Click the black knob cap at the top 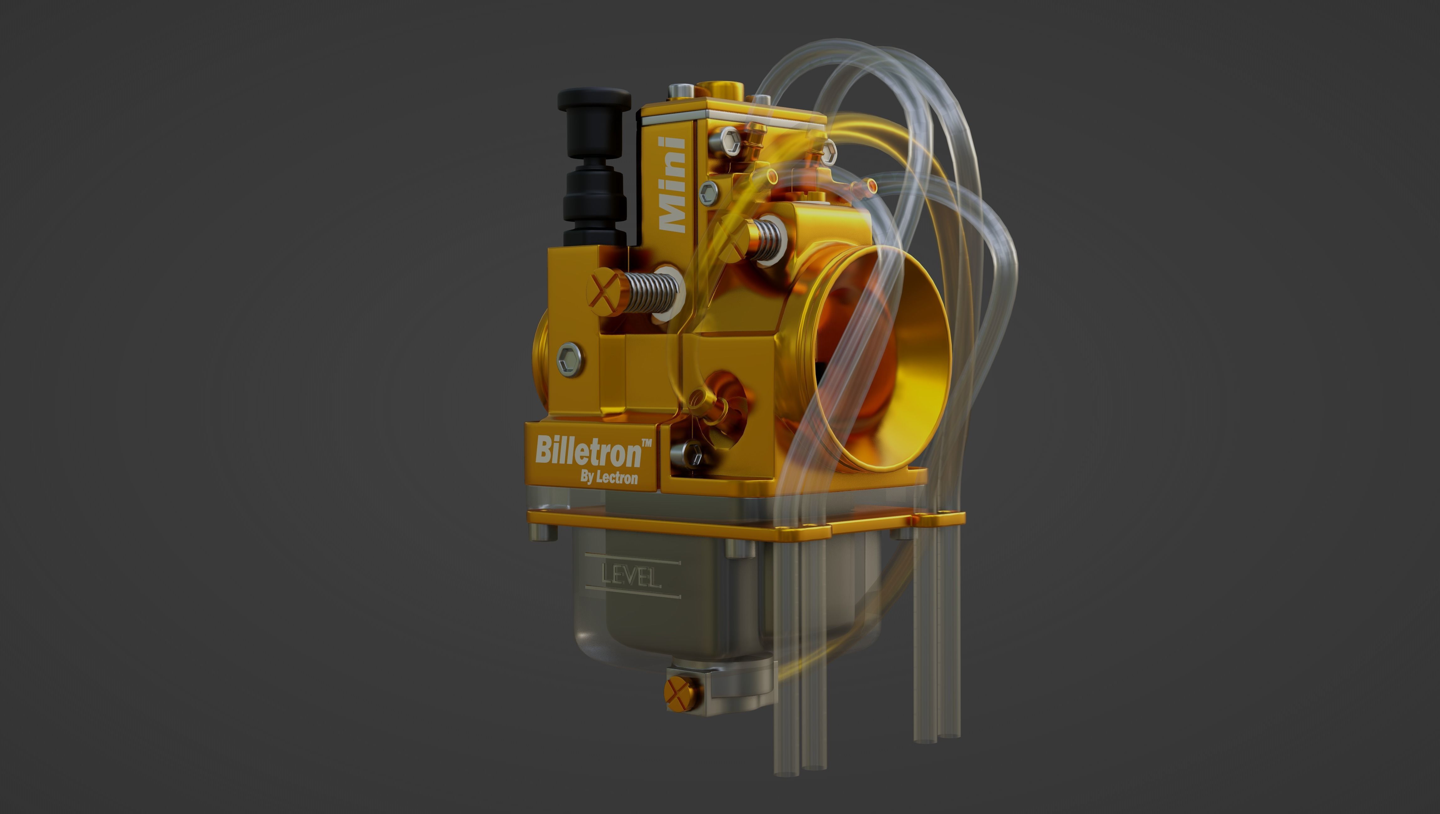pyautogui.click(x=594, y=100)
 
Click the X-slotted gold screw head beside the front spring pyautogui.click(x=604, y=292)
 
